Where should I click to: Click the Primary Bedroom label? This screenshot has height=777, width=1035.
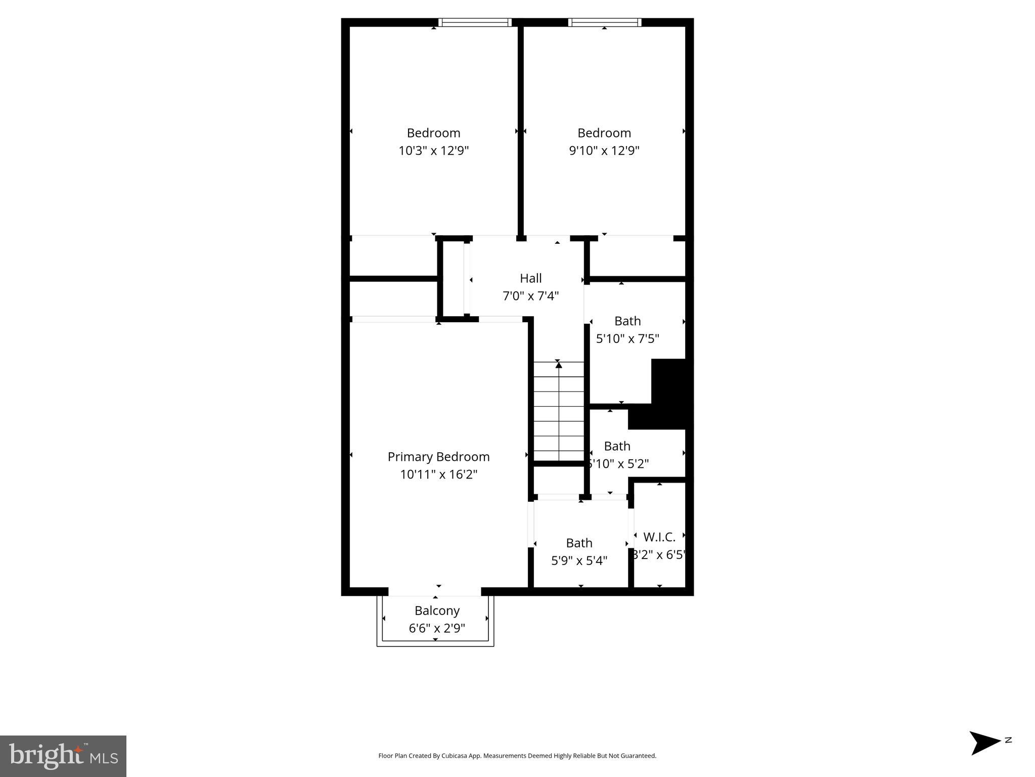click(438, 457)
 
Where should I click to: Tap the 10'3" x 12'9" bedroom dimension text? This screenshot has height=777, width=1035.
click(434, 151)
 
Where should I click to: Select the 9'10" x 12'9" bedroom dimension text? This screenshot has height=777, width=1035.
click(604, 151)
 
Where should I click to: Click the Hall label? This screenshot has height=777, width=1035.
click(530, 278)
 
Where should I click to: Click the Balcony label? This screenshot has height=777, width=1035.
click(437, 611)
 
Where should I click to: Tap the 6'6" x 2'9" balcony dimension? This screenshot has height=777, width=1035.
click(437, 628)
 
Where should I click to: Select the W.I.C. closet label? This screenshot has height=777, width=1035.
click(659, 537)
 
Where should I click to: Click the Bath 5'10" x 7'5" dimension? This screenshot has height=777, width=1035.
click(627, 339)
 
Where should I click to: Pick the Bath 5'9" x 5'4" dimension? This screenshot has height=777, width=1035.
click(579, 561)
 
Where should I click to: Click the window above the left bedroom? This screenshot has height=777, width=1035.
click(475, 22)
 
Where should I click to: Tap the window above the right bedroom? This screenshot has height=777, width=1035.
click(604, 22)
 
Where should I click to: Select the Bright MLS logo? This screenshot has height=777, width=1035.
click(63, 756)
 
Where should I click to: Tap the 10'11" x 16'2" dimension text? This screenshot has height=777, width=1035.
click(438, 474)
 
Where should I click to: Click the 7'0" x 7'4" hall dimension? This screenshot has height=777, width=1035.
click(530, 296)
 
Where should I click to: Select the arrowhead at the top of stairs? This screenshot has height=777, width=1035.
click(558, 365)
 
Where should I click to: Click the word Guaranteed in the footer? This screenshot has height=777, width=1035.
click(640, 756)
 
